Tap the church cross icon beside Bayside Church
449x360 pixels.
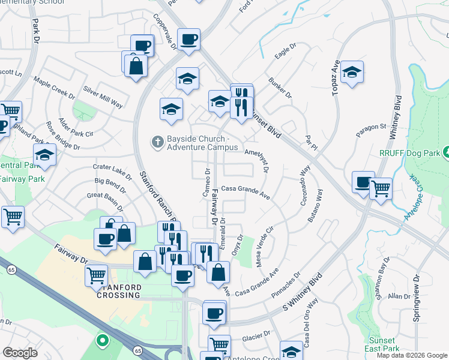(157, 142)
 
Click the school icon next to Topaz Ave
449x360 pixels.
(352, 73)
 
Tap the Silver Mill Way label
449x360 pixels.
(103, 97)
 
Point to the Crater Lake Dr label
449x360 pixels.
(112, 170)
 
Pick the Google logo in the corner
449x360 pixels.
(20, 352)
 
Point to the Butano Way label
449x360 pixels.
(315, 207)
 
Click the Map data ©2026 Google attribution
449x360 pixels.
(412, 355)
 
